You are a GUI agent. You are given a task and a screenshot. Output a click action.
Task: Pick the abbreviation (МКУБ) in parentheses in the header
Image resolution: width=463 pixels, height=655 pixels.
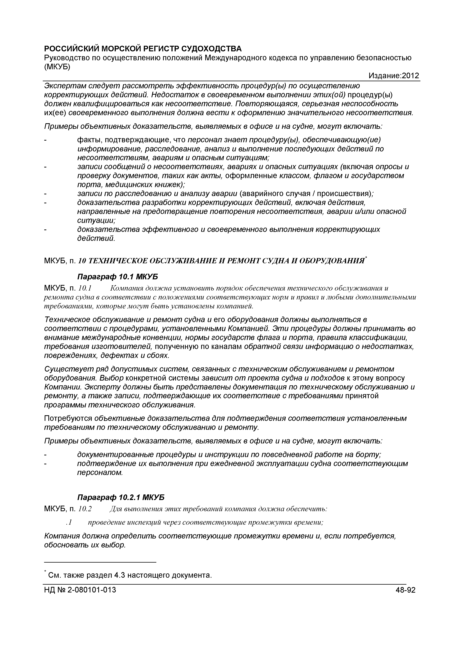pyautogui.click(x=57, y=67)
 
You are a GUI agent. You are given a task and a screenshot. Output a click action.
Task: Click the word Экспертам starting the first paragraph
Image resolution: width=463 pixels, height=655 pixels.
pyautogui.click(x=64, y=86)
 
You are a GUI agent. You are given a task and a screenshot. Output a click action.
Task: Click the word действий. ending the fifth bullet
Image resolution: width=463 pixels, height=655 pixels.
pyautogui.click(x=96, y=238)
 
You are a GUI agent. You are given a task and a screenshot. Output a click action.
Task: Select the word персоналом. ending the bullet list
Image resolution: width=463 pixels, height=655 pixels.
pyautogui.click(x=100, y=473)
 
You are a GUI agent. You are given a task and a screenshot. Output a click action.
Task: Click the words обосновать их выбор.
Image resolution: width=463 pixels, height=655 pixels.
pyautogui.click(x=85, y=545)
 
